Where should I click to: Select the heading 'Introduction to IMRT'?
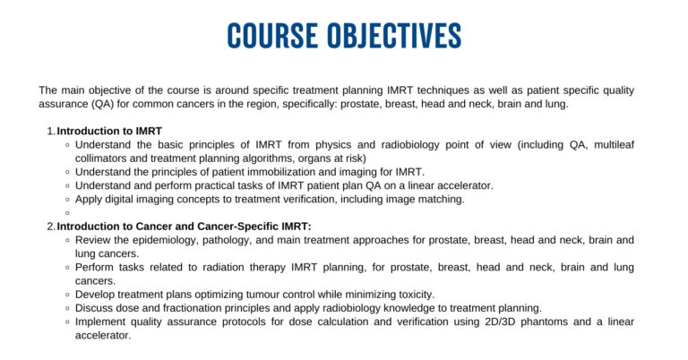[x=109, y=131]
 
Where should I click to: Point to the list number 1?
[x=50, y=131]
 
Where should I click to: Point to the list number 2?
[x=50, y=226]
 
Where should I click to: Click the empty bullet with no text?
[x=68, y=212]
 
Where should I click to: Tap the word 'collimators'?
[x=105, y=158]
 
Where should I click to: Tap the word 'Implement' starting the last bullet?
[x=103, y=321]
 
